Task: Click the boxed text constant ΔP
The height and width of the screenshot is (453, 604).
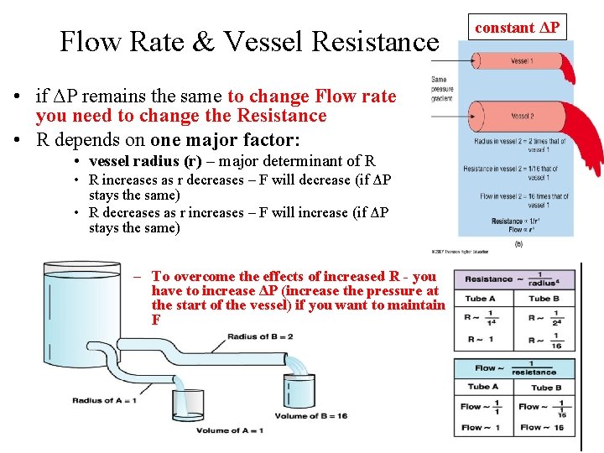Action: tap(517, 28)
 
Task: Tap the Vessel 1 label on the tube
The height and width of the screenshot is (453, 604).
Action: tap(520, 61)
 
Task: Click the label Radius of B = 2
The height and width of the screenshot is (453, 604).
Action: tap(260, 337)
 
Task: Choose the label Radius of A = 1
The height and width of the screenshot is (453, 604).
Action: tap(104, 400)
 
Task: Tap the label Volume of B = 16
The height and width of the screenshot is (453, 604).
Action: tap(310, 415)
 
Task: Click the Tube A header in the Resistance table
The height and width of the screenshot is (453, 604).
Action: tap(481, 299)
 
